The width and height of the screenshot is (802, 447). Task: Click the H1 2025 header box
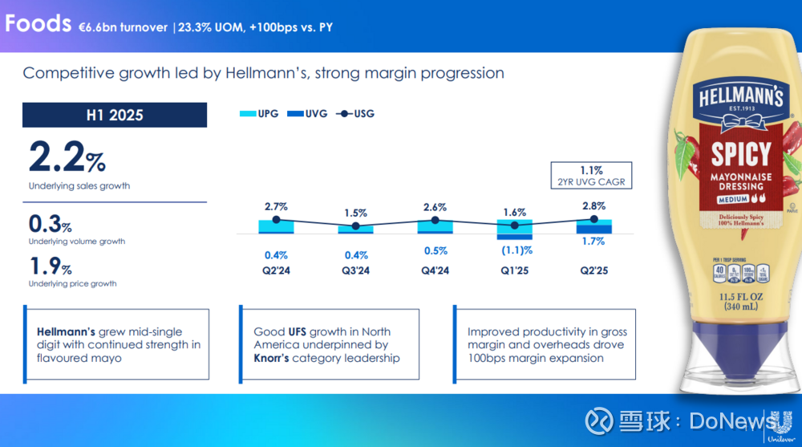point(115,115)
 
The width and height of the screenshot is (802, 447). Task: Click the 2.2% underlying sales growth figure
point(67,157)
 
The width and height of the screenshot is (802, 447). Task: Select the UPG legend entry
point(258,114)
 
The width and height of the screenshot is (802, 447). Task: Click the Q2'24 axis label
point(276,271)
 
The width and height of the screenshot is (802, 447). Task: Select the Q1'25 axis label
point(513,271)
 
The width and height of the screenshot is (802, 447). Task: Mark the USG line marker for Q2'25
point(593,218)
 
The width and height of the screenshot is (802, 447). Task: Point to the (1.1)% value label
point(513,250)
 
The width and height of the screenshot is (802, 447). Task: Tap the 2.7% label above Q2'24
point(276,206)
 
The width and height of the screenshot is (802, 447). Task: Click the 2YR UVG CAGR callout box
point(592,176)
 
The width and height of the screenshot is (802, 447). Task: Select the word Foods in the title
point(38,24)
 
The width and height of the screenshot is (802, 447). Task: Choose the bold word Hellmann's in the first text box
point(66,331)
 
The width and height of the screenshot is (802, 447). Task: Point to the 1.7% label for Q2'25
point(593,241)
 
